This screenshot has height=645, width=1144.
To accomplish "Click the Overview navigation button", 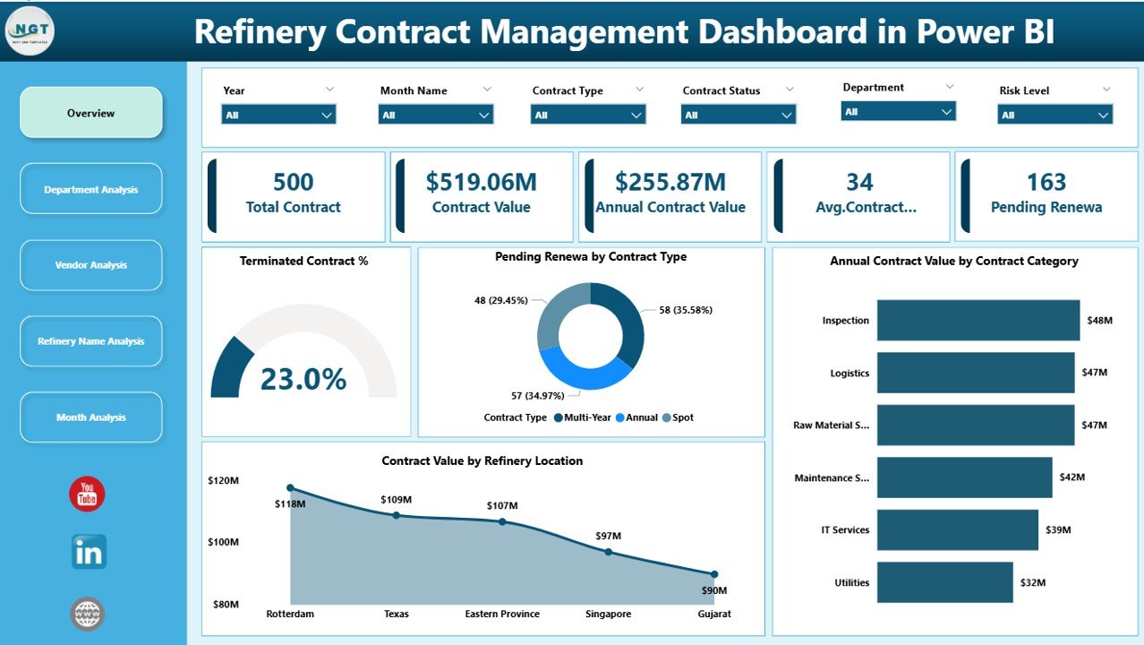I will point(90,113).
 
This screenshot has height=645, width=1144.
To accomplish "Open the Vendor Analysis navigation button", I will point(90,265).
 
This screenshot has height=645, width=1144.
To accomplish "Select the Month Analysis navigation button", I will point(90,417).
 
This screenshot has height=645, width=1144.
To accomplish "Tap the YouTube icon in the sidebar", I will point(87,494).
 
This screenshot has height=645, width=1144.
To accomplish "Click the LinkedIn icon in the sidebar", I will point(89,552).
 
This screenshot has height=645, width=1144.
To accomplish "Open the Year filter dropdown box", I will point(278,115).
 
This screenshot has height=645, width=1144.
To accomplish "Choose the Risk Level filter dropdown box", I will point(1054,115).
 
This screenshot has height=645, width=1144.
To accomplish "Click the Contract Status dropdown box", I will point(738,115).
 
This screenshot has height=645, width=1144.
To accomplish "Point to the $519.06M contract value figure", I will point(481,183).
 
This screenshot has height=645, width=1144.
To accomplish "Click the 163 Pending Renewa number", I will point(1046,183).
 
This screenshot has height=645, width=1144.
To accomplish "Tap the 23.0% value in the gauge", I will point(303,380).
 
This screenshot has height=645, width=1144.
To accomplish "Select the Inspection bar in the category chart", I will point(978,321).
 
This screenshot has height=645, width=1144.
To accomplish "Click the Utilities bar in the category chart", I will point(944,582).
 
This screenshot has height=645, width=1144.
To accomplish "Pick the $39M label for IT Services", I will point(1058,530).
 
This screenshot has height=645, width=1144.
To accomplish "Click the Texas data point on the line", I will point(397,515).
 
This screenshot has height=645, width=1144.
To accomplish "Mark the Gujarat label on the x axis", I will point(714,615).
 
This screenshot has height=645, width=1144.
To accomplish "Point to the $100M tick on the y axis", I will point(223,542).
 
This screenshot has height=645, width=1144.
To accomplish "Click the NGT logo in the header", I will point(30,30).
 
